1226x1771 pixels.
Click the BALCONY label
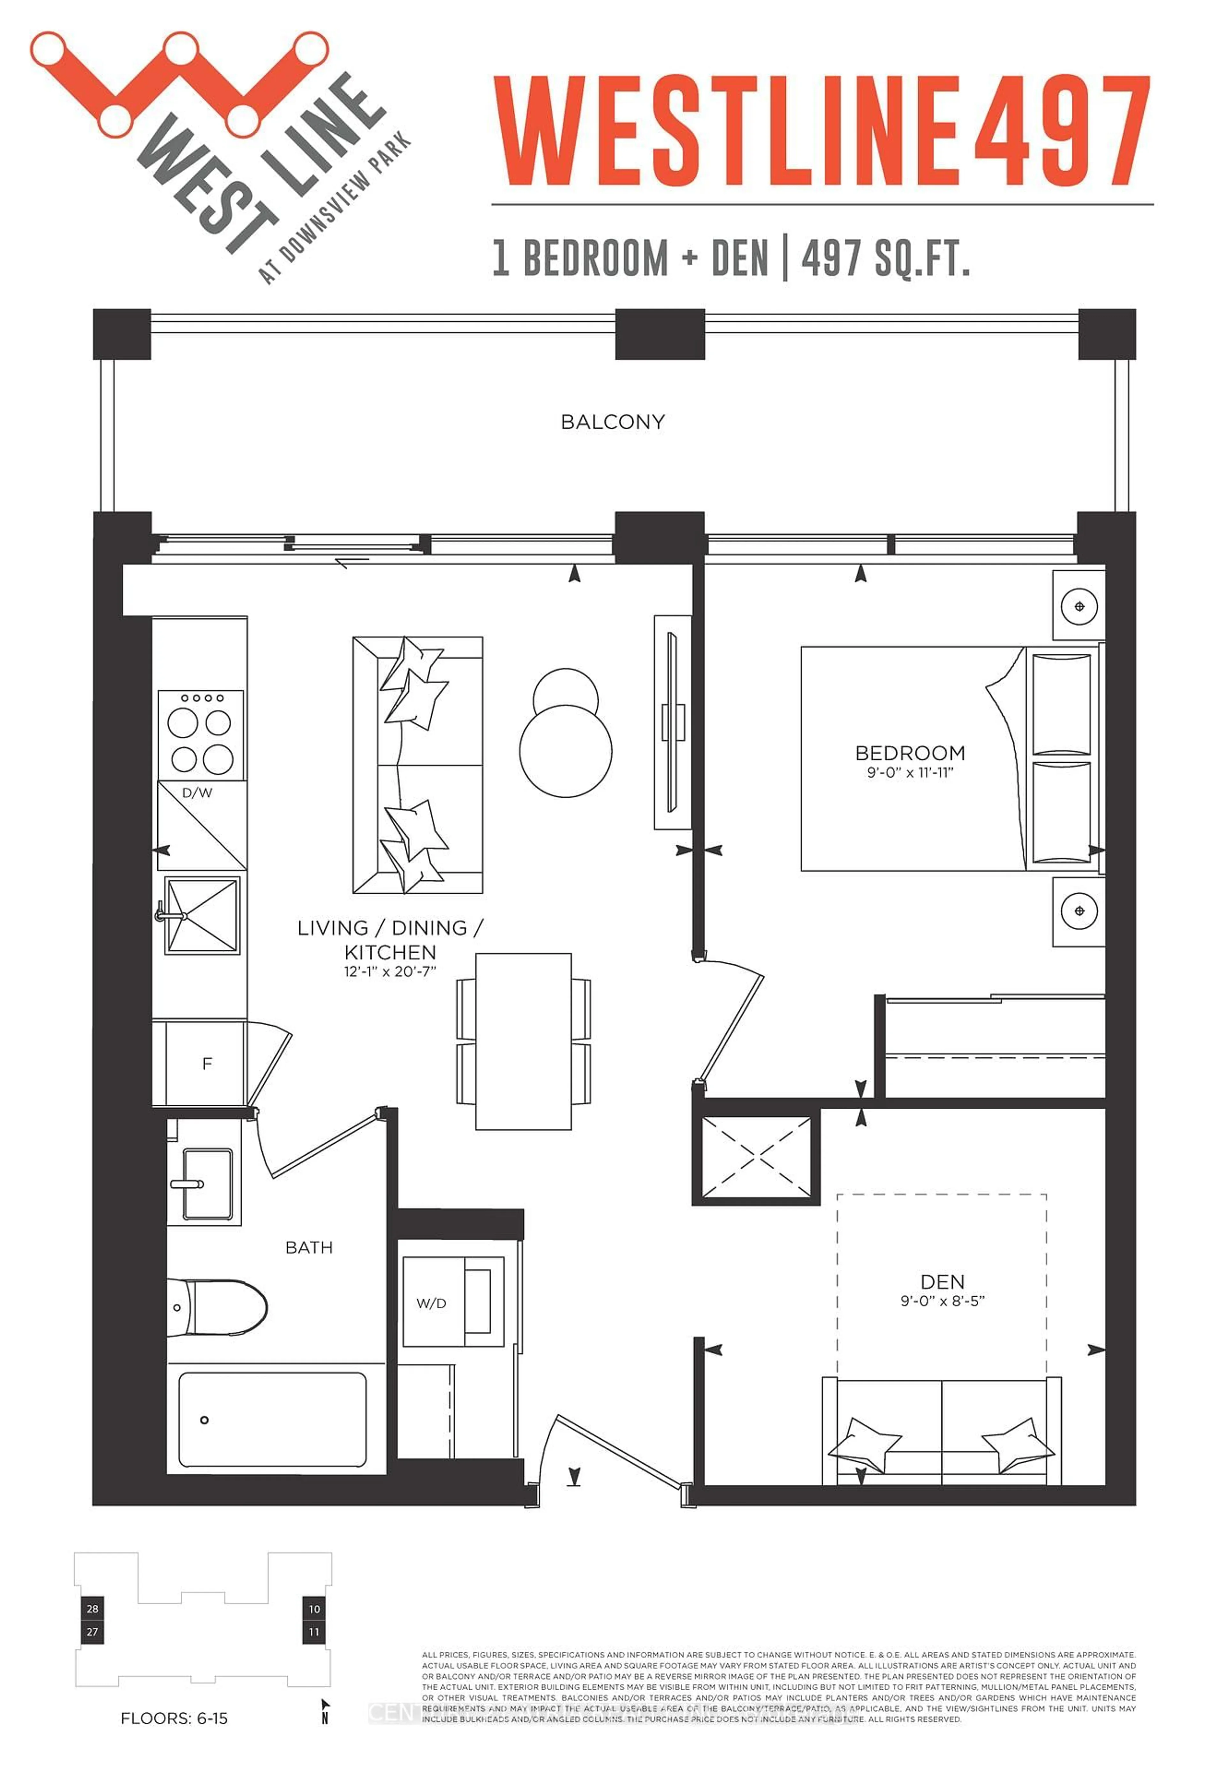pyautogui.click(x=612, y=422)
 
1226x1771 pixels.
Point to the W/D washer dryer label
pyautogui.click(x=431, y=1303)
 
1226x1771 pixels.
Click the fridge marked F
pyautogui.click(x=206, y=1064)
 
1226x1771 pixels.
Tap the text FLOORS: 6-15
pyautogui.click(x=174, y=1718)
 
